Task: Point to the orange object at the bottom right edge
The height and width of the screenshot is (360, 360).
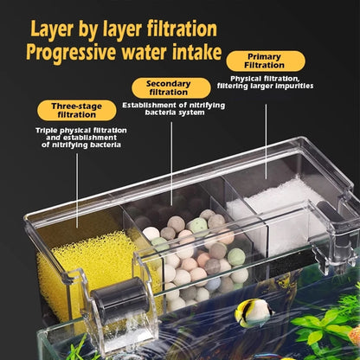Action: click(354, 333)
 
